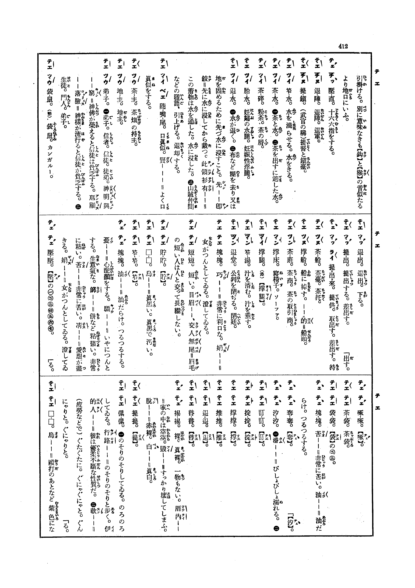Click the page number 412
click(343, 46)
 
